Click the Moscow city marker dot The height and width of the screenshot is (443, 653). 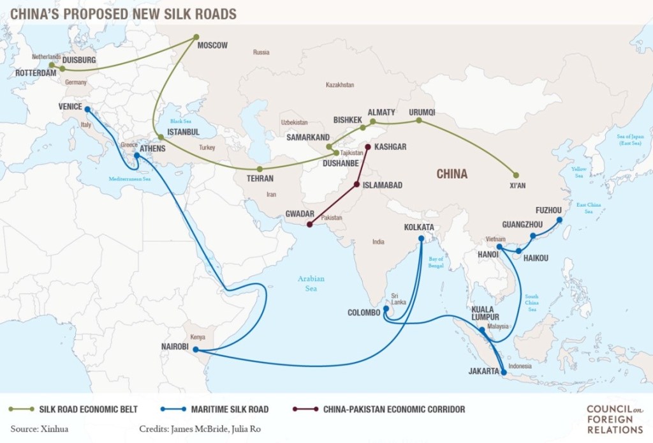pos(196,37)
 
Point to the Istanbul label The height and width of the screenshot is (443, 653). pos(183,132)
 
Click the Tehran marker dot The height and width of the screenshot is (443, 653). pos(260,169)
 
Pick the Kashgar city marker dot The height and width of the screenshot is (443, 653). pos(367,147)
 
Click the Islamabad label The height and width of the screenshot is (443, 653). pos(382,185)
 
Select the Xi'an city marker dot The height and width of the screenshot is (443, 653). pos(516,175)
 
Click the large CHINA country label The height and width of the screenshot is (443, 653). pos(451,174)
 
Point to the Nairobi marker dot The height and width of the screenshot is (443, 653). pos(195,349)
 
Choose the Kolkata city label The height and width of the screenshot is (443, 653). pos(419,227)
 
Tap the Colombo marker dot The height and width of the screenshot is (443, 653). pos(386,308)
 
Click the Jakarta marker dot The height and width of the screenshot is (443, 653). pos(504,372)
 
